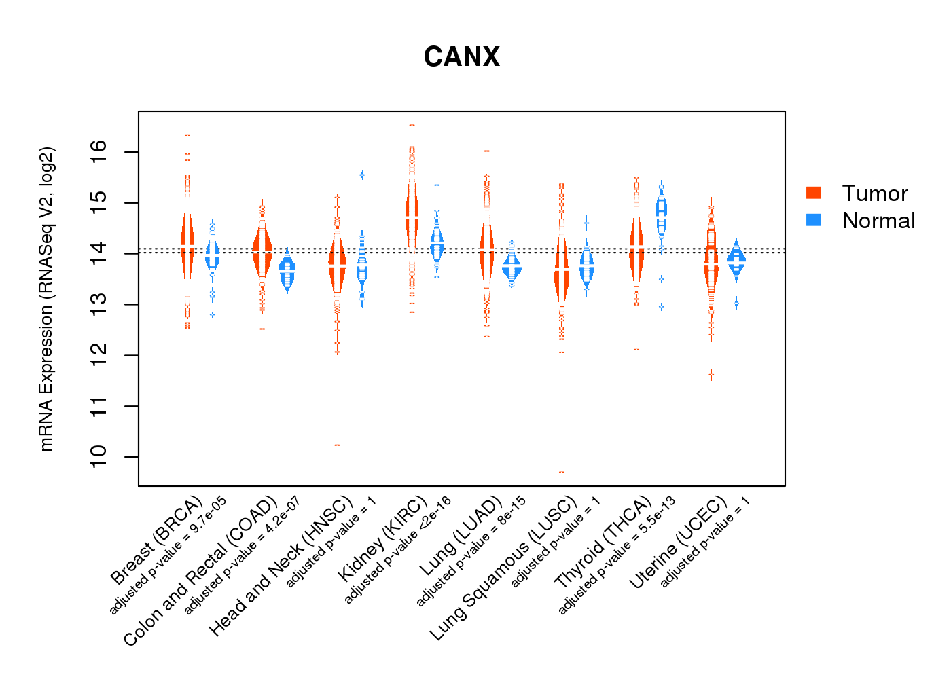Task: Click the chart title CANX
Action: (461, 57)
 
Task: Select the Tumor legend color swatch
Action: (814, 193)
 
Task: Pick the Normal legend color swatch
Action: (814, 220)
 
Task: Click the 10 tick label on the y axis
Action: (99, 456)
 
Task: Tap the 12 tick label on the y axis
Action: (99, 354)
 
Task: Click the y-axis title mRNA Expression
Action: (46, 299)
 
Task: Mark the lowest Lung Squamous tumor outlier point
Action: (562, 472)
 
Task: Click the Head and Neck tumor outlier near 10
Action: (337, 445)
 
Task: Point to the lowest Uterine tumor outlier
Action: (711, 374)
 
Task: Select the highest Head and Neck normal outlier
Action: (362, 175)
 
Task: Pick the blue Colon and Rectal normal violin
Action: (287, 273)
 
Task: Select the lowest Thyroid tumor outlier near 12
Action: (636, 350)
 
